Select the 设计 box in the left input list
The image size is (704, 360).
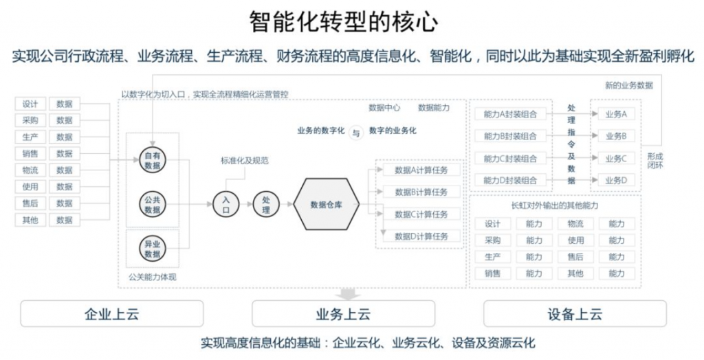point(30,104)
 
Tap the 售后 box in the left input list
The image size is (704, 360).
point(30,203)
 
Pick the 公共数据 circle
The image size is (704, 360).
point(153,205)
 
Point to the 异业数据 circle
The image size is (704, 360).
point(153,249)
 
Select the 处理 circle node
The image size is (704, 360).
point(266,204)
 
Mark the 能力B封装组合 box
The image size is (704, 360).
point(510,136)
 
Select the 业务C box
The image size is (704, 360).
point(615,159)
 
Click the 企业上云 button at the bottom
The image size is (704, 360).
point(112,314)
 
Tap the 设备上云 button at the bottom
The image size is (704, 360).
point(575,314)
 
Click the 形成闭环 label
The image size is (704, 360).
point(654,160)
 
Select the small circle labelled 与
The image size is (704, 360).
point(355,133)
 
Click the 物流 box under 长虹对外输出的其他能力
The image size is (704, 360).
point(575,224)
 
